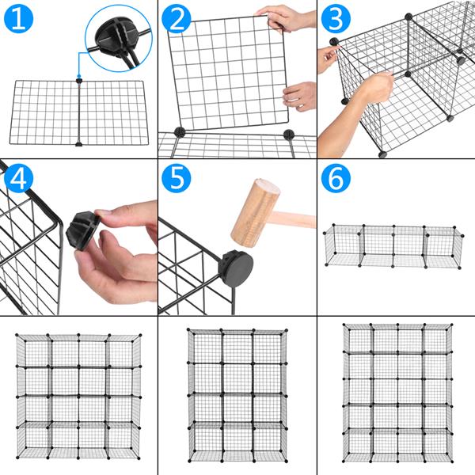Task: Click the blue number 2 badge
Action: pos(178,19)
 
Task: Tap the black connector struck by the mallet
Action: pos(237,268)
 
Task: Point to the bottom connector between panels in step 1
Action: pos(78,144)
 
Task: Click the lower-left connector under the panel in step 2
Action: pos(179,133)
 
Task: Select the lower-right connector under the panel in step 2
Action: pos(289,135)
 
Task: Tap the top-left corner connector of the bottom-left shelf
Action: pos(18,335)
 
